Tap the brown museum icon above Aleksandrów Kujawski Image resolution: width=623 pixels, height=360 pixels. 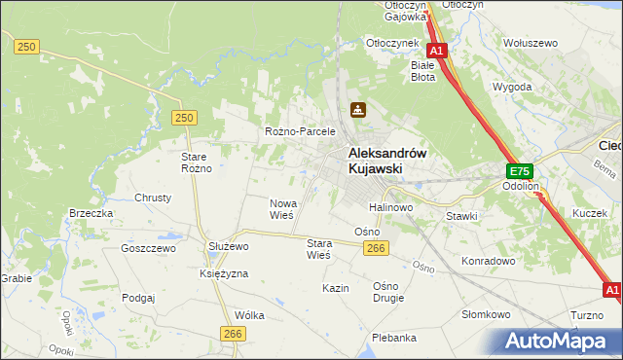tap(358, 110)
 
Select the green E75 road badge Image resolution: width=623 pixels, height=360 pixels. tap(518, 169)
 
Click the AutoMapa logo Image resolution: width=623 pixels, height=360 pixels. tap(560, 341)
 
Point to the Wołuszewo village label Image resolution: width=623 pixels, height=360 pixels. tap(529, 43)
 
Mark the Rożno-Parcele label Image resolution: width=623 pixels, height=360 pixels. tap(300, 131)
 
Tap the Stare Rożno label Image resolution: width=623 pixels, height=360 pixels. tap(196, 162)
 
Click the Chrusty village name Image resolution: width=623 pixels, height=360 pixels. tap(153, 197)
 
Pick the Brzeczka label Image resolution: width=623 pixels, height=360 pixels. tap(91, 213)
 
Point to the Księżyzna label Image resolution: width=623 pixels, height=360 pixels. tap(224, 273)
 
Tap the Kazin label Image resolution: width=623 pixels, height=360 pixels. tap(336, 289)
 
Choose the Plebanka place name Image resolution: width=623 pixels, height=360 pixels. tap(394, 338)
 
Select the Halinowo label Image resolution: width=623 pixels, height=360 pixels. tap(391, 207)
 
